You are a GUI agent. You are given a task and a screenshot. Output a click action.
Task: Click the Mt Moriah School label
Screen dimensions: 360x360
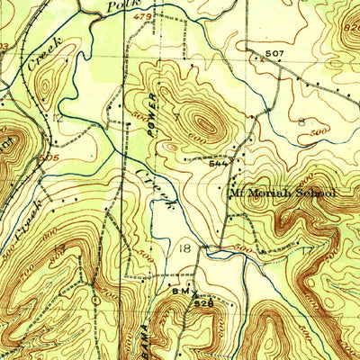tap(282, 193)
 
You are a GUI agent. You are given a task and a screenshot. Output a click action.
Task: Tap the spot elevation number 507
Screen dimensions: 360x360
tap(274, 55)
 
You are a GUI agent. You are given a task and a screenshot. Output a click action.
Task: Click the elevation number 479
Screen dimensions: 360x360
tap(142, 15)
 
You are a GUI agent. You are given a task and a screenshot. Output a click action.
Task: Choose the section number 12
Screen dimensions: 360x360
tap(58, 117)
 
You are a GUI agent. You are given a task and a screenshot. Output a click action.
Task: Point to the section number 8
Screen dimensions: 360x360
tap(301, 120)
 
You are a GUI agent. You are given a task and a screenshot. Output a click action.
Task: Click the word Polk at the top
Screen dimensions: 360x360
tap(120, 5)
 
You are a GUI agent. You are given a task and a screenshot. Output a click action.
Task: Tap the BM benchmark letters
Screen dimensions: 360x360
tap(178, 292)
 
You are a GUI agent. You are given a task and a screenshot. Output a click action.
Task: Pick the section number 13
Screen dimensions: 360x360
tap(58, 247)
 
